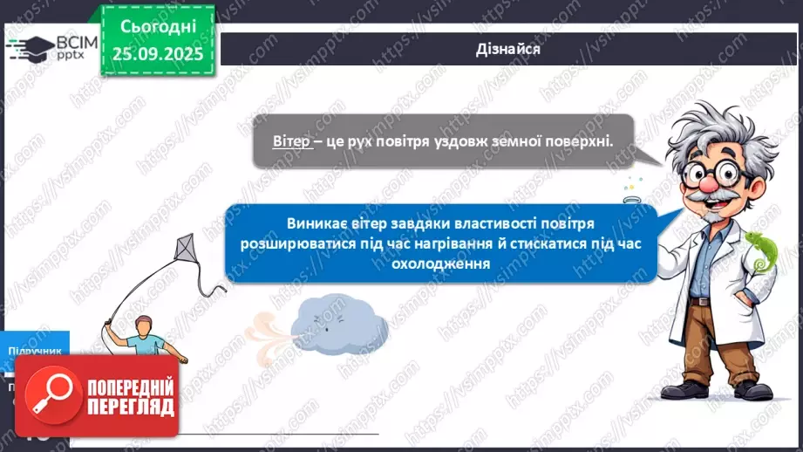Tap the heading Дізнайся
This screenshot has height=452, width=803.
pos(509,49)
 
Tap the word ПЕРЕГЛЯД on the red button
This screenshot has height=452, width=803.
pos(131,407)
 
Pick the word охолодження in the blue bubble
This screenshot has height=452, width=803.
pos(433,263)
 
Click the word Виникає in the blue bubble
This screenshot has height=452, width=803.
pos(314,223)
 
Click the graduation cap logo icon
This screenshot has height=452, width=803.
pos(30,46)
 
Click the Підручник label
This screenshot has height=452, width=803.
pos(35,351)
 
